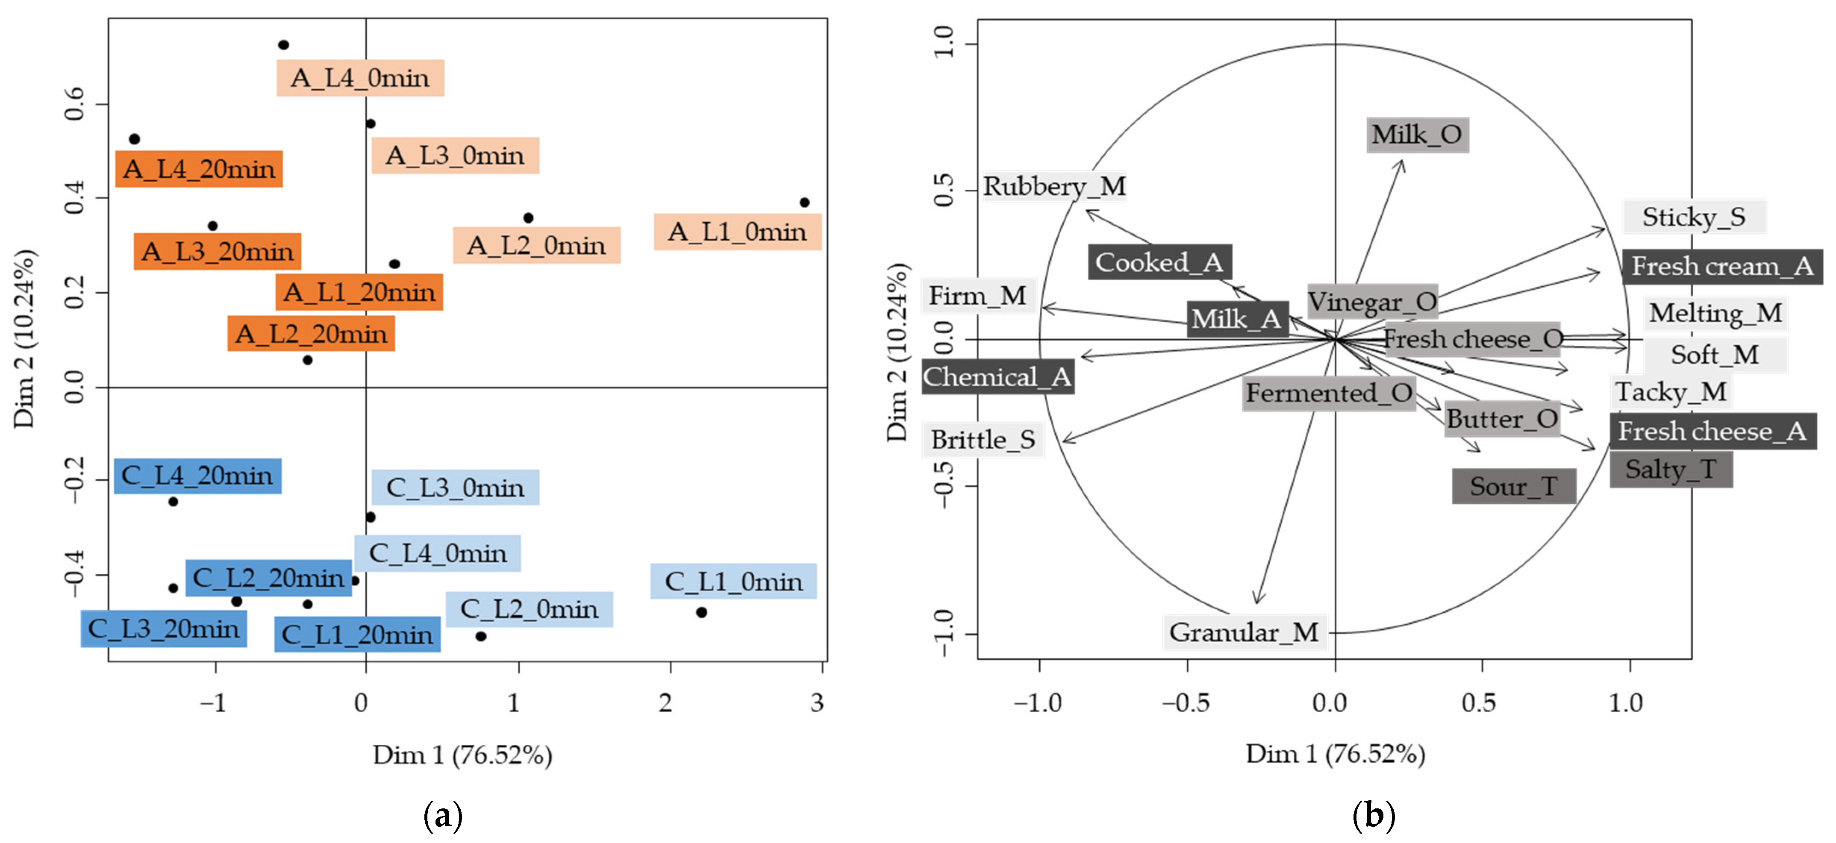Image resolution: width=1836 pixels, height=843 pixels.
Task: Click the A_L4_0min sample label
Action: click(360, 78)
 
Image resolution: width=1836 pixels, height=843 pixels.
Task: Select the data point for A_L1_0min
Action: click(804, 203)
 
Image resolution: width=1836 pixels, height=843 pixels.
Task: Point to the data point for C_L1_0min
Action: click(701, 612)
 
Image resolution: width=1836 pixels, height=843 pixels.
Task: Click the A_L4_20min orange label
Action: click(199, 169)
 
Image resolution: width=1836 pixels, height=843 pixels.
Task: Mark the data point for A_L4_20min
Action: click(134, 139)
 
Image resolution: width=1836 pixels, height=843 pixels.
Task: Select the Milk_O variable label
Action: click(1417, 135)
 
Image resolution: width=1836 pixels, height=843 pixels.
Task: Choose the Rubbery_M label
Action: click(1054, 187)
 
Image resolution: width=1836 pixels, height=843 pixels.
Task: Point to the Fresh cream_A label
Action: click(1722, 267)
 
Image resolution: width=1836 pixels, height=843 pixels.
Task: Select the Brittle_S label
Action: click(983, 440)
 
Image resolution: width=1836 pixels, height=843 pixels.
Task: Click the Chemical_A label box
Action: click(997, 377)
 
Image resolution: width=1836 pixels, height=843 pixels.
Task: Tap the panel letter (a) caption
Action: click(443, 814)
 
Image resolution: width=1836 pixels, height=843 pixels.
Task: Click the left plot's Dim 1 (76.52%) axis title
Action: click(462, 755)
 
